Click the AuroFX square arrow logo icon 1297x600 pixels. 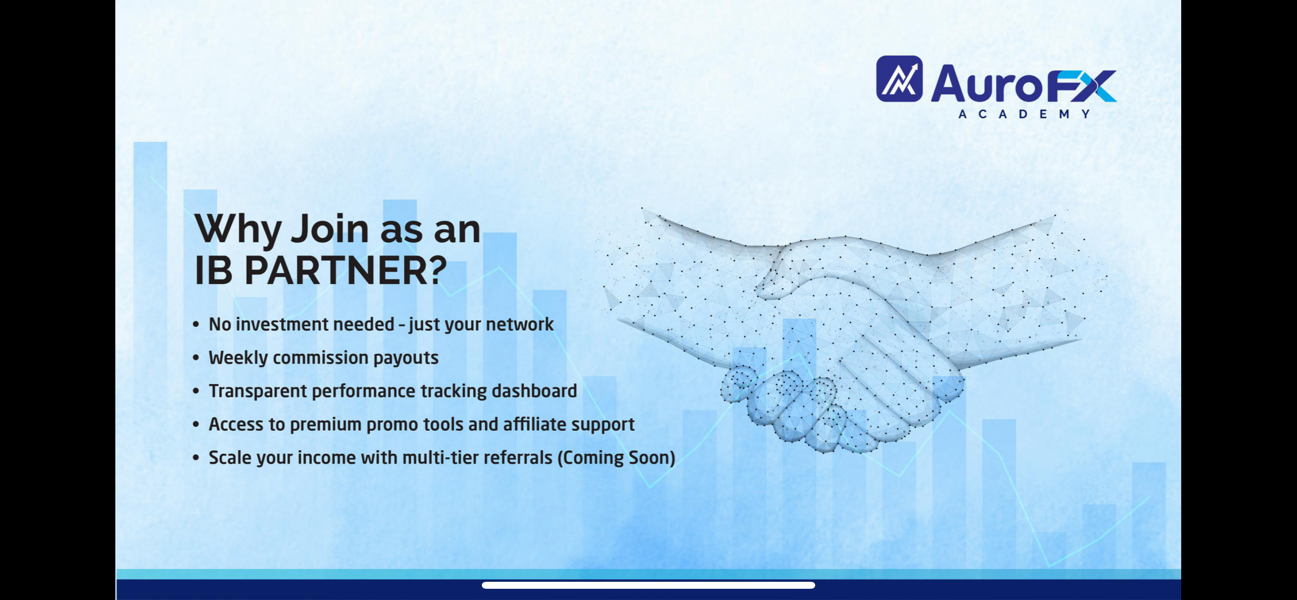[899, 79]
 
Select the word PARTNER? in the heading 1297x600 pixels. [345, 271]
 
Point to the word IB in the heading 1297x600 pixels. [213, 271]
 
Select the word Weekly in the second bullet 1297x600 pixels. [238, 357]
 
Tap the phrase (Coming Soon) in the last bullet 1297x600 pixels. [616, 457]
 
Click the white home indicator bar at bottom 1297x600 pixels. [648, 586]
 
